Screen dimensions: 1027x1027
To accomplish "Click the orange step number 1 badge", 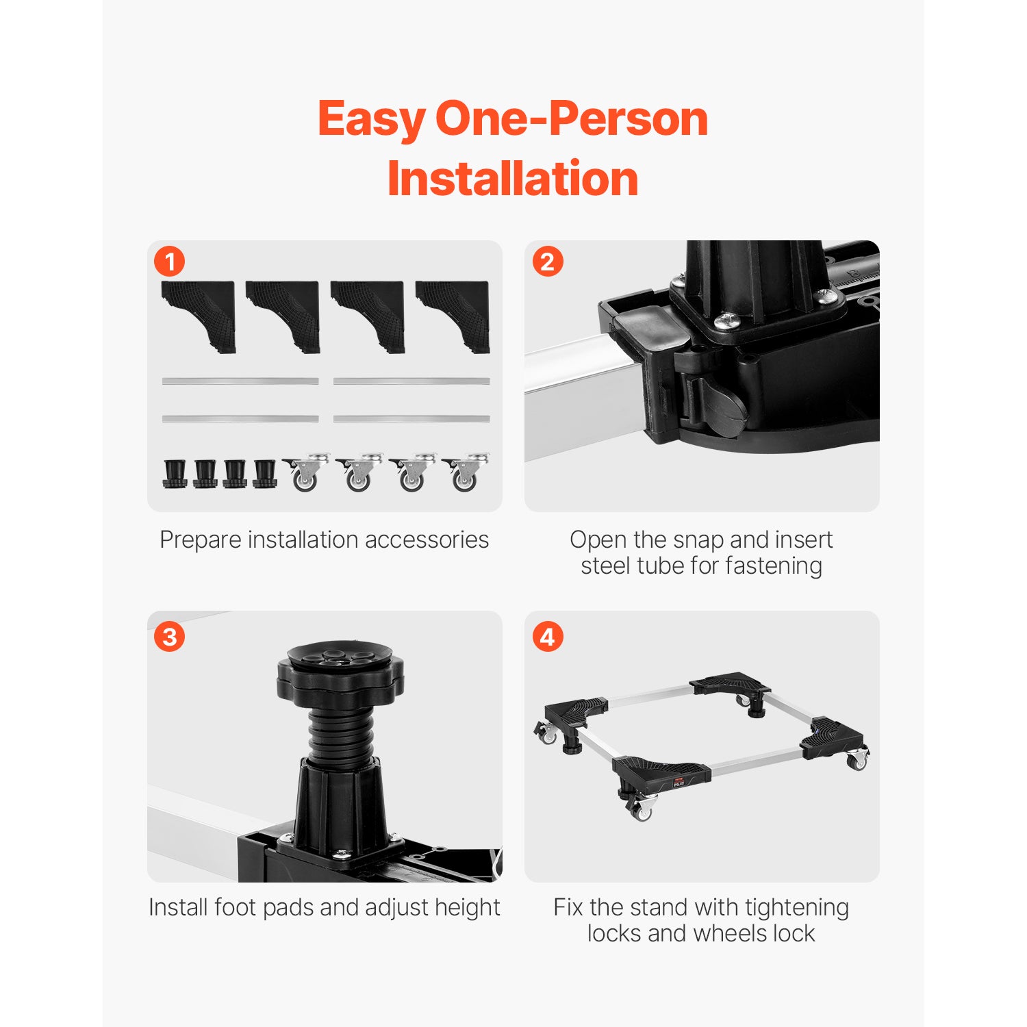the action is point(169,262).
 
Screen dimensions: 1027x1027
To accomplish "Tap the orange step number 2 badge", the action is point(548,262).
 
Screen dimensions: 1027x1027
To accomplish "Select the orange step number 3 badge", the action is point(169,637).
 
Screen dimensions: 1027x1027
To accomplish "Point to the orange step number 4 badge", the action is point(548,637).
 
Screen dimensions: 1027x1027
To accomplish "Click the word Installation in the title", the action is point(513,179).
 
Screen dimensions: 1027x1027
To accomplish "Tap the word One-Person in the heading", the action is point(572,119).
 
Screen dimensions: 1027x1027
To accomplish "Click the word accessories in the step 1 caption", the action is point(427,540).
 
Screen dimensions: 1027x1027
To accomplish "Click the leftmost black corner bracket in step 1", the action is point(199,317).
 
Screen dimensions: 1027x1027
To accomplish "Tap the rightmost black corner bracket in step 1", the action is point(453,317).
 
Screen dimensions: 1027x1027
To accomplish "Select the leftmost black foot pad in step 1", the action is point(175,473).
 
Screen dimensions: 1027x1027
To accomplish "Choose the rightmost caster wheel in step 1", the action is point(466,472).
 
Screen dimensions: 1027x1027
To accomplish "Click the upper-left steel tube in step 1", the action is point(240,381).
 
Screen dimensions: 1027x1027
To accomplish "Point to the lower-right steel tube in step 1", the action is point(411,418).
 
